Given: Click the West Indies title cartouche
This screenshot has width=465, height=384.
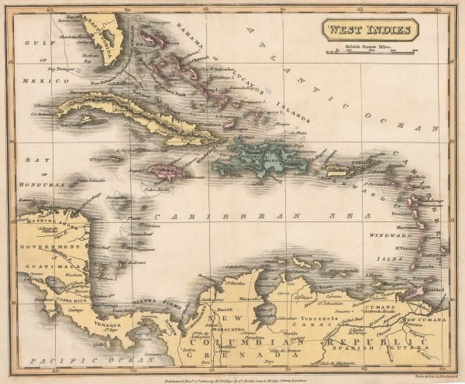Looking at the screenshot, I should [370, 31].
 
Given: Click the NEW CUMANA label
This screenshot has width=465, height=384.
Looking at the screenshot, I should [425, 319].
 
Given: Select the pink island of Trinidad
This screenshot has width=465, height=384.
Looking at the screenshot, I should [419, 292].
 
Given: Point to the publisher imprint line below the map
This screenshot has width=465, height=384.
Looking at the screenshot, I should [232, 373].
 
